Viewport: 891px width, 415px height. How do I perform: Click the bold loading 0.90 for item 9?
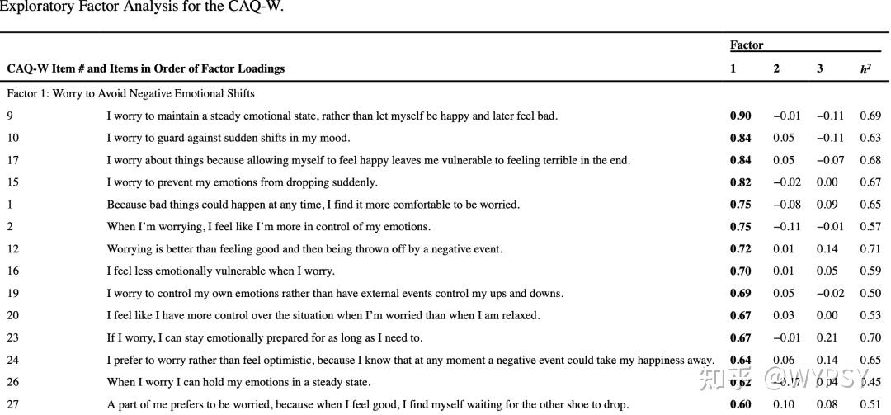[740, 116]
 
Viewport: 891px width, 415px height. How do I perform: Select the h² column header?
[865, 69]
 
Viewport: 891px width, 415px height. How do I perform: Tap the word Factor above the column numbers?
[747, 45]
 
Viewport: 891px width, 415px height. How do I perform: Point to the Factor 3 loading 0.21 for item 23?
[826, 338]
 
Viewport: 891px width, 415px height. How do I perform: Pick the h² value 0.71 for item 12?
[870, 249]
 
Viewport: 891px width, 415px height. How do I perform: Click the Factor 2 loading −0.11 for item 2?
[786, 227]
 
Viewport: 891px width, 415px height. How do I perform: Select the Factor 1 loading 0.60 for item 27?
[740, 404]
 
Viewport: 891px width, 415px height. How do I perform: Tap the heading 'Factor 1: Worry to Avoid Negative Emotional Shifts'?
[131, 94]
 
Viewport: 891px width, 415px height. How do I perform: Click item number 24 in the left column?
[13, 361]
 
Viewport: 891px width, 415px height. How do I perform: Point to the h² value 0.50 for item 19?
[870, 294]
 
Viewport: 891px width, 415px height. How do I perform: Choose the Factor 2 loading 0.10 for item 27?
[784, 404]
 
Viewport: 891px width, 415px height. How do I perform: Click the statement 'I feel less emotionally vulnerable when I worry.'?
[220, 271]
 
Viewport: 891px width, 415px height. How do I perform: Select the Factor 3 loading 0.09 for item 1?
[827, 205]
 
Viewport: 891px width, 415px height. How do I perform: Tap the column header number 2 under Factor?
[776, 69]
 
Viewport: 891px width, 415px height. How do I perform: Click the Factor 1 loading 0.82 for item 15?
[740, 182]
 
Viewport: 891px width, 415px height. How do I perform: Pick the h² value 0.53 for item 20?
[870, 316]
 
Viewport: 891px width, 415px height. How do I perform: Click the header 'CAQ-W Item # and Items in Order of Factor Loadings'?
[146, 69]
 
